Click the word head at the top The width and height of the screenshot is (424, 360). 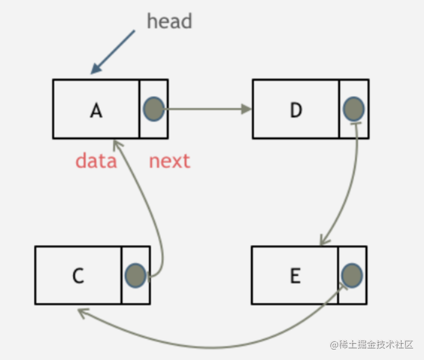[170, 21]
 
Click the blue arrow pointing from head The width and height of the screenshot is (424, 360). [112, 52]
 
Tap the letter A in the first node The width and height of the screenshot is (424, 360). [96, 110]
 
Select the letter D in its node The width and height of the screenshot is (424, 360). [295, 110]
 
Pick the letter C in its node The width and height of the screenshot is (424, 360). [78, 276]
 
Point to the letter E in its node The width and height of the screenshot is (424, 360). [295, 276]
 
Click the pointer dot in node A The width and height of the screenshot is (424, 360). [153, 109]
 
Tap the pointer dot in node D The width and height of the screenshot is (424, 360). [354, 109]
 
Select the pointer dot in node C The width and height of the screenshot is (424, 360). [136, 275]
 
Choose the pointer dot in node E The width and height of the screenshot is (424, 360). [352, 275]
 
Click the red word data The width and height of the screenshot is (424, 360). [96, 161]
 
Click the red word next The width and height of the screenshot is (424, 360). [170, 161]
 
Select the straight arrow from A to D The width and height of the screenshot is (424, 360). [205, 109]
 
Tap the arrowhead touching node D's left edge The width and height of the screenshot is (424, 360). [246, 109]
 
